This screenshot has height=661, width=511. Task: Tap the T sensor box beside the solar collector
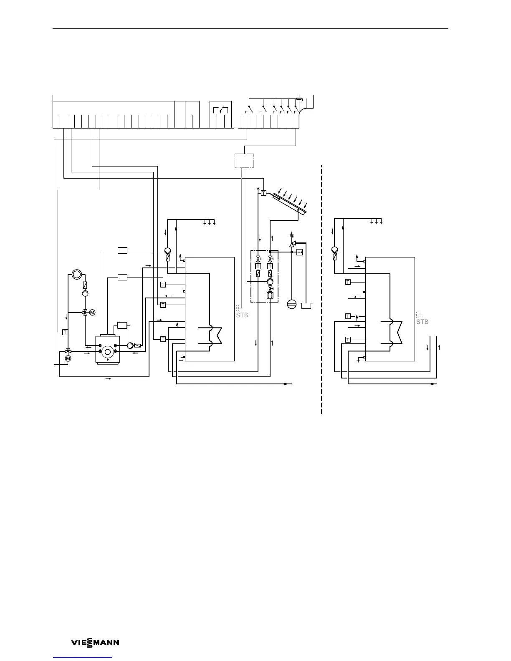[x=263, y=193]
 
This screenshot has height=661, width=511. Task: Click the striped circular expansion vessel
[x=291, y=304]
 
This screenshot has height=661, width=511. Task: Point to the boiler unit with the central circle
[x=108, y=349]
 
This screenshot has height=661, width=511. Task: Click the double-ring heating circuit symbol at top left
[x=77, y=275]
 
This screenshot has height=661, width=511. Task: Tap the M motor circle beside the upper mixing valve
[x=92, y=312]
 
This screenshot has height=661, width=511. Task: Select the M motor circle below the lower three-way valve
[x=68, y=358]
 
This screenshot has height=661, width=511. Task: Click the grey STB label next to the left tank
[x=242, y=315]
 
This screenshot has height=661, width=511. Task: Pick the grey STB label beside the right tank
[x=422, y=322]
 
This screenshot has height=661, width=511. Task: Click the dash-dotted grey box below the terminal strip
[x=244, y=160]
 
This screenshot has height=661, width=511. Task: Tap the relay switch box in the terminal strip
[x=220, y=110]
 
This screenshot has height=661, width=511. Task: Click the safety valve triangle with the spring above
[x=292, y=243]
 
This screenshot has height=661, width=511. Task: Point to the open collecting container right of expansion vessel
[x=307, y=305]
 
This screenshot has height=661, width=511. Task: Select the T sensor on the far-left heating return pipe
[x=65, y=332]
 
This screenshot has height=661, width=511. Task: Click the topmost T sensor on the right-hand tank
[x=347, y=282]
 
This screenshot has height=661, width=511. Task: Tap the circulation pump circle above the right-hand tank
[x=334, y=250]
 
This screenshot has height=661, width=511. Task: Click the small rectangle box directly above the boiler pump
[x=122, y=325]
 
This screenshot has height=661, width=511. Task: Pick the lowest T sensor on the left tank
[x=163, y=339]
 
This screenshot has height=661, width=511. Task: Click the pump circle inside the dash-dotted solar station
[x=270, y=282]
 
